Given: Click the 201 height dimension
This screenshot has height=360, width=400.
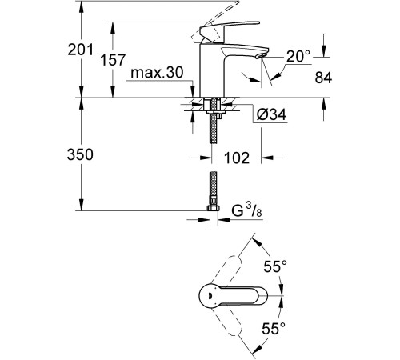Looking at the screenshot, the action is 81,50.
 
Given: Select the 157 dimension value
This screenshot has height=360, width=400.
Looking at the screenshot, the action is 113,59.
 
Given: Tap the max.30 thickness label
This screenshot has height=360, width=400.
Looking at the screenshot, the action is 157,72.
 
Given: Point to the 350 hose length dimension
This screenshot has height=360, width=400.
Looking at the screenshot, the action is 80,154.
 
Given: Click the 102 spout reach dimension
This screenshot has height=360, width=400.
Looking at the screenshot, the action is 237,158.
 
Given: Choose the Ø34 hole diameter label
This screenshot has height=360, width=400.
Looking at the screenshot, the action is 271,114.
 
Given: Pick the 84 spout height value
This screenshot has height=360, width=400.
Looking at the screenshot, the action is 323,78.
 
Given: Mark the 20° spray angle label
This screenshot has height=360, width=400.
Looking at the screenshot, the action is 298,57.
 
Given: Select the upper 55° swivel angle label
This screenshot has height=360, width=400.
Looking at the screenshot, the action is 275,266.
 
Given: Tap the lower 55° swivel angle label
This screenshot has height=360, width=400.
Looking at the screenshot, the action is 274,328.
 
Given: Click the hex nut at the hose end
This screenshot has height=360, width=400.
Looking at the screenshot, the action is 213,208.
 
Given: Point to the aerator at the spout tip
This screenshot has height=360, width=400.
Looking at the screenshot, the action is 260,56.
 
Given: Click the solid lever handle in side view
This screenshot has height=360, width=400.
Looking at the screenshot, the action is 229,29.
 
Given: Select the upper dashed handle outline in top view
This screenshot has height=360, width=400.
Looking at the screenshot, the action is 226,270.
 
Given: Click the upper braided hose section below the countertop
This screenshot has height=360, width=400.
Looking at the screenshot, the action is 213,129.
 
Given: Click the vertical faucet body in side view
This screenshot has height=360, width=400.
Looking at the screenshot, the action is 213,70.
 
